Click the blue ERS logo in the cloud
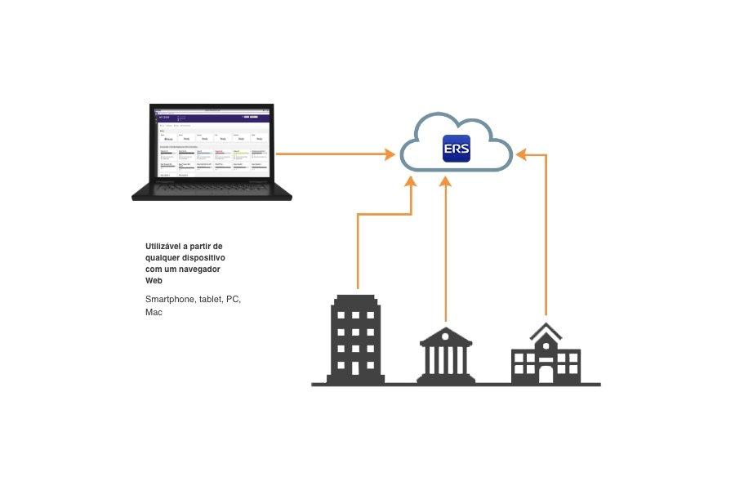click(457, 148)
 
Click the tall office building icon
click(357, 339)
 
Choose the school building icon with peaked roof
click(546, 355)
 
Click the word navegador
click(198, 269)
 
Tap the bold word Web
click(154, 280)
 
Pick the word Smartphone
click(171, 299)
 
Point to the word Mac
click(154, 312)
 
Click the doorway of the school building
click(546, 374)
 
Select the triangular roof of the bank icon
click(445, 335)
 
